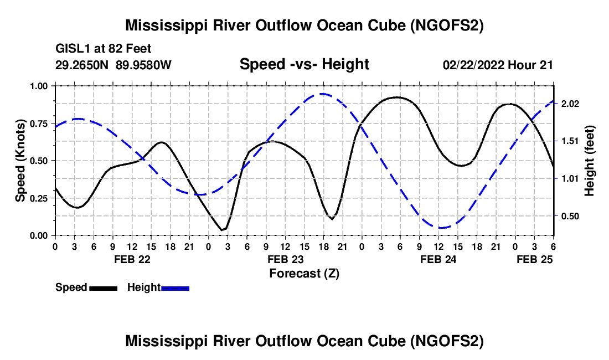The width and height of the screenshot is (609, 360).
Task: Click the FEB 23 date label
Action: click(285, 259)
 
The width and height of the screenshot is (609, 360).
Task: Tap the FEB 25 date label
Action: click(535, 259)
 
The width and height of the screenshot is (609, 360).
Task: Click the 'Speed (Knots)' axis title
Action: click(20, 161)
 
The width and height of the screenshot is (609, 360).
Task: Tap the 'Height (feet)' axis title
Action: click(590, 161)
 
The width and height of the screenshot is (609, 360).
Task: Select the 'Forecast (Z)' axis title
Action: click(304, 273)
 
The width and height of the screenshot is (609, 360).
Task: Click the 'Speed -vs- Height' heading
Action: click(304, 64)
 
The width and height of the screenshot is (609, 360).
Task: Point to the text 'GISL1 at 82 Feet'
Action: click(104, 49)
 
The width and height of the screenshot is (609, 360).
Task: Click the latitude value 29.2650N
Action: click(83, 65)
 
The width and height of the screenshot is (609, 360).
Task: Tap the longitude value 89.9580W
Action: click(144, 65)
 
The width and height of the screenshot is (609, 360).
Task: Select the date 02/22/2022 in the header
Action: click(473, 65)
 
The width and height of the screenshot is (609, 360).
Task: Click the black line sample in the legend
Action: click(103, 287)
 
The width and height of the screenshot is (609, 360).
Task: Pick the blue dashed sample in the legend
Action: click(176, 287)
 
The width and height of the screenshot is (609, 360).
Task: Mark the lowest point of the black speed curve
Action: click(222, 230)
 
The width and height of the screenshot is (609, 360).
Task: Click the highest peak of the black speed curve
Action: click(396, 97)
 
